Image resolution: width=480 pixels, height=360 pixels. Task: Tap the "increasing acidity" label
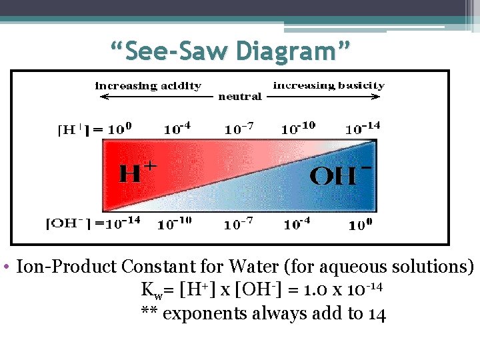pos(148,86)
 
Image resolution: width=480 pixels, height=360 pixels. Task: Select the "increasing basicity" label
pos(329,85)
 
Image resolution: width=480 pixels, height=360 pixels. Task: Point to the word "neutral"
pos(240,97)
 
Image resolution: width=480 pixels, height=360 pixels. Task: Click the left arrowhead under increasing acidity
pos(102,97)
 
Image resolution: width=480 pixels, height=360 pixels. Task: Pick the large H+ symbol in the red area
pos(137,173)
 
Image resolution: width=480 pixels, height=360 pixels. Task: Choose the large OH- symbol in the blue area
pos(340,175)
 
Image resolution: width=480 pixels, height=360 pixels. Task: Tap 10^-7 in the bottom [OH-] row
pos(238,223)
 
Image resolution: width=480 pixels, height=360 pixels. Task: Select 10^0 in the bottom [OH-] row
pos(361,223)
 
